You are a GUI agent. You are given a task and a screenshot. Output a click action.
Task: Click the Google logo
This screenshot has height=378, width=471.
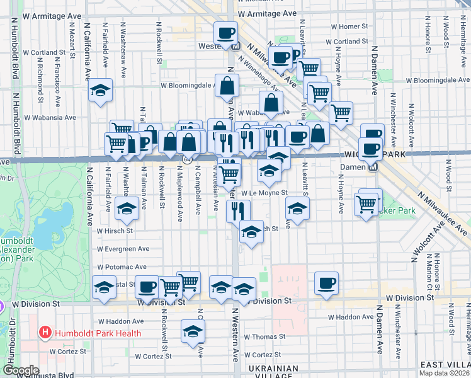coord(21,370)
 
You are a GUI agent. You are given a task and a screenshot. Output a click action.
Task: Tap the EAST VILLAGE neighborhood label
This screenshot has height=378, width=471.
coord(445,365)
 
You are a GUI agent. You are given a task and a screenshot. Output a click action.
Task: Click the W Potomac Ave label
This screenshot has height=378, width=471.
coord(122,267)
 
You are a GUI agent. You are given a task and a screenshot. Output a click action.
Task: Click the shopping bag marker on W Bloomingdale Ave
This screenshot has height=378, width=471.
coord(226,86)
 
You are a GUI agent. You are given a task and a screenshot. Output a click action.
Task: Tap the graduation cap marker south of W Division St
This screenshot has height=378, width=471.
coord(193,331)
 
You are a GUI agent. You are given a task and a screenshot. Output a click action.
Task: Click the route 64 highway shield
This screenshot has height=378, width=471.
coord(187,159)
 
